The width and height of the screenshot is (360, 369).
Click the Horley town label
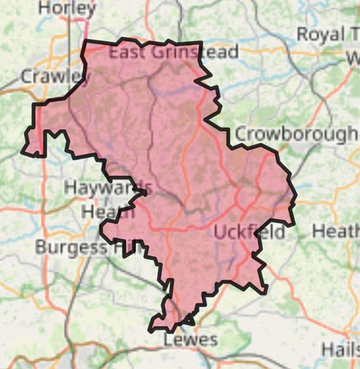[x=67, y=9]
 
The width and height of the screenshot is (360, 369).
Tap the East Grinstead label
[x=173, y=53]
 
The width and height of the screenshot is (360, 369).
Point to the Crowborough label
[x=295, y=134]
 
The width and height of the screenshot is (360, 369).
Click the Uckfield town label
[x=250, y=232]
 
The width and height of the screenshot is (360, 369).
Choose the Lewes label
[x=190, y=339]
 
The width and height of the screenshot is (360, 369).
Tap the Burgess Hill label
[x=80, y=248]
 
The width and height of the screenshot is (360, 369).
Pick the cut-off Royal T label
[x=328, y=35]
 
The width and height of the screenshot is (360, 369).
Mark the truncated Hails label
[x=340, y=349]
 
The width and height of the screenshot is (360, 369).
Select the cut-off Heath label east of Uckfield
[x=336, y=231]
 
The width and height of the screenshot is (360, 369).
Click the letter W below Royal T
[x=353, y=58]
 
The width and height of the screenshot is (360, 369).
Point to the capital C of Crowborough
[x=243, y=134]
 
